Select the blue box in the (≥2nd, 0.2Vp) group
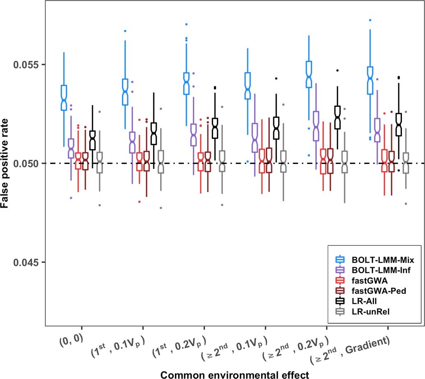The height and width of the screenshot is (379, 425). [309, 74]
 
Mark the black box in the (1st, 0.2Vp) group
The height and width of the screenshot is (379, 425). [214, 128]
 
